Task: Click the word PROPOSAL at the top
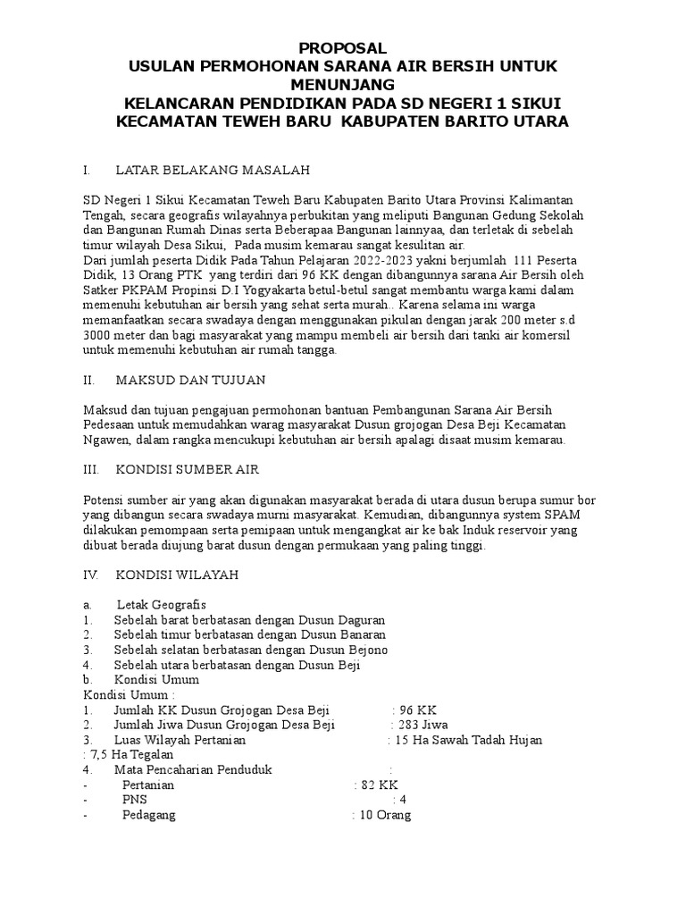[x=342, y=48]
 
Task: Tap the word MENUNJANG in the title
[x=342, y=85]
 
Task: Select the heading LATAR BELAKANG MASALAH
[x=212, y=170]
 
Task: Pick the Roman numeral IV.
[x=89, y=576]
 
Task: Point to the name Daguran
[x=357, y=619]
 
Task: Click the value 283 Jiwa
[x=420, y=725]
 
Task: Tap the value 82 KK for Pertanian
[x=379, y=785]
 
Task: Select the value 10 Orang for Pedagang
[x=384, y=815]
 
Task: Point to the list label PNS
[x=134, y=800]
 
